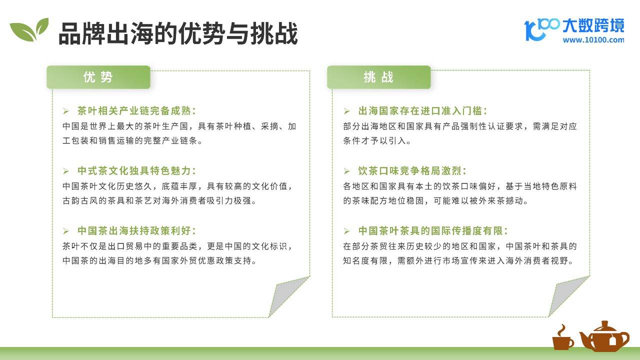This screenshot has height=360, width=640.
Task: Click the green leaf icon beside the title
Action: coord(29,30)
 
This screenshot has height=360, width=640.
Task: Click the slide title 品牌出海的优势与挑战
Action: coord(178,33)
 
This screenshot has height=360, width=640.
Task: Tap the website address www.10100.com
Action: coord(593,40)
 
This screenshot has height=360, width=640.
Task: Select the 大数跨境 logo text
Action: coord(593,26)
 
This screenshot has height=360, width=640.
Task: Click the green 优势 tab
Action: coord(98,77)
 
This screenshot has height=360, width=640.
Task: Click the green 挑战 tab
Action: coord(379,77)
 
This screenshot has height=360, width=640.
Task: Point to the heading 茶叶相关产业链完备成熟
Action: coord(137,111)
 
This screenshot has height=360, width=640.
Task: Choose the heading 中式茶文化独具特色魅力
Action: coord(137,171)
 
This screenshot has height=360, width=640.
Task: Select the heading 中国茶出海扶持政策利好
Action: coord(137,231)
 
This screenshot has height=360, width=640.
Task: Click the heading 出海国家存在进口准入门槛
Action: coord(423,111)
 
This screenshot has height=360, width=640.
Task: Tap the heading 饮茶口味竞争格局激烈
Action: coord(412,171)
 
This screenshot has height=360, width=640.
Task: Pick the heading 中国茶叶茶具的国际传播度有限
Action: coord(433,231)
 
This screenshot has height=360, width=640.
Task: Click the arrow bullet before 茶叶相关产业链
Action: coord(66,111)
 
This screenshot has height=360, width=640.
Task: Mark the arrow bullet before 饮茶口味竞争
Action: coord(347,171)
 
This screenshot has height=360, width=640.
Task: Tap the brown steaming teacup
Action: coord(562,338)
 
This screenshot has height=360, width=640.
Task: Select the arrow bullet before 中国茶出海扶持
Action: coord(66,231)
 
